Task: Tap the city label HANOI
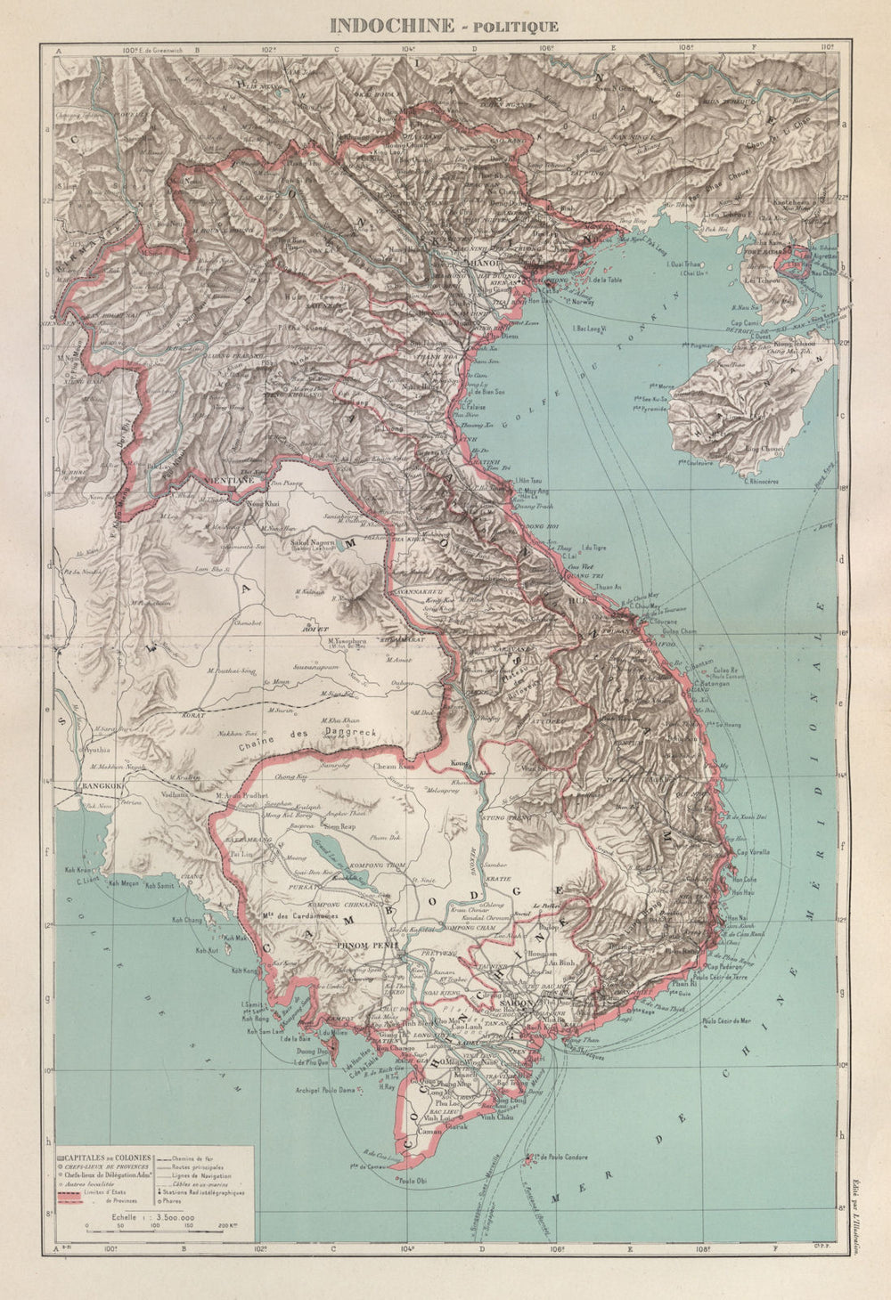(x=478, y=262)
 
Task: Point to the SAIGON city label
(x=517, y=1004)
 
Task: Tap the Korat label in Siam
(x=219, y=714)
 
